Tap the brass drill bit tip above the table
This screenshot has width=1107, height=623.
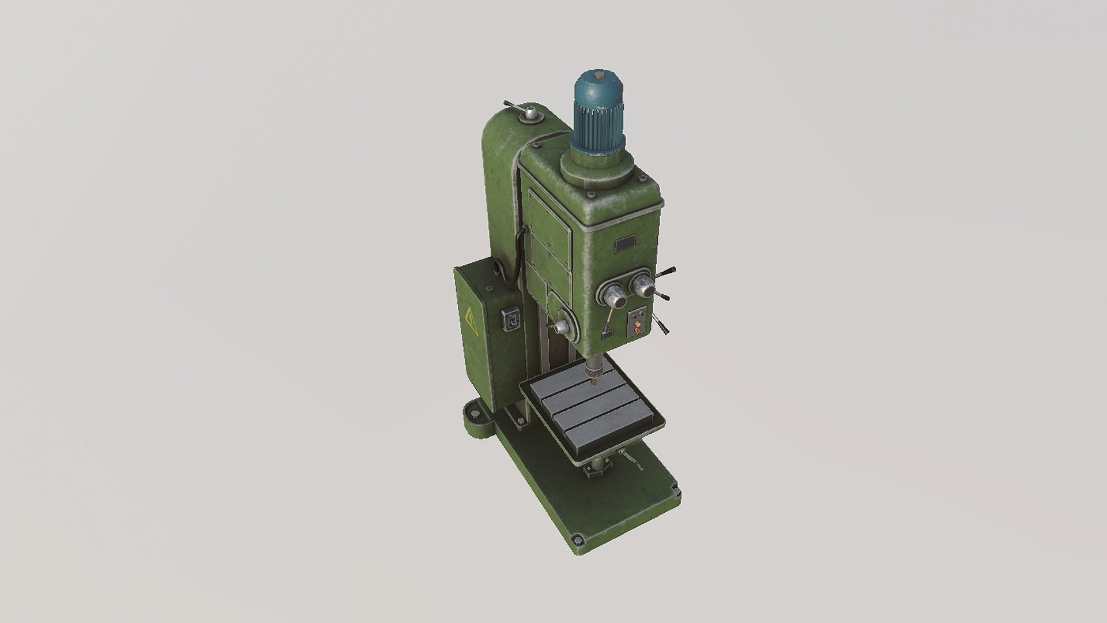(x=592, y=381)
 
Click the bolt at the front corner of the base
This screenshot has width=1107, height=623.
(x=575, y=541)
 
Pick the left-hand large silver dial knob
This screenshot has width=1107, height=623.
(x=615, y=298)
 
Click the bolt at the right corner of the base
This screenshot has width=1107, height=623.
(x=675, y=492)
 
